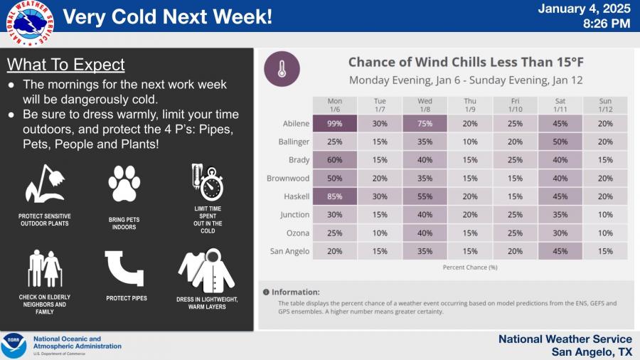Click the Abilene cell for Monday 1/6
pyautogui.click(x=335, y=123)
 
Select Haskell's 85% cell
pyautogui.click(x=335, y=196)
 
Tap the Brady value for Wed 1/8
pyautogui.click(x=425, y=159)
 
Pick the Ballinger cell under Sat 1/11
pyautogui.click(x=560, y=142)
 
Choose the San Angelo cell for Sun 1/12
pyautogui.click(x=605, y=251)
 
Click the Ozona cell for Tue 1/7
pyautogui.click(x=380, y=233)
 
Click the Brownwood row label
pyautogui.click(x=288, y=178)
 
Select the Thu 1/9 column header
pyautogui.click(x=470, y=105)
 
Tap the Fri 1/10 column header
pyautogui.click(x=515, y=105)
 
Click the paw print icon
pyautogui.click(x=124, y=184)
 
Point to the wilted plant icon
pyautogui.click(x=46, y=184)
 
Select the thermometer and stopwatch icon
pyautogui.click(x=207, y=181)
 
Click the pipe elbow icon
pyautogui.click(x=125, y=268)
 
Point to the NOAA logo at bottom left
pyautogui.click(x=14, y=345)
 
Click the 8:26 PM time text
pyautogui.click(x=606, y=23)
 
